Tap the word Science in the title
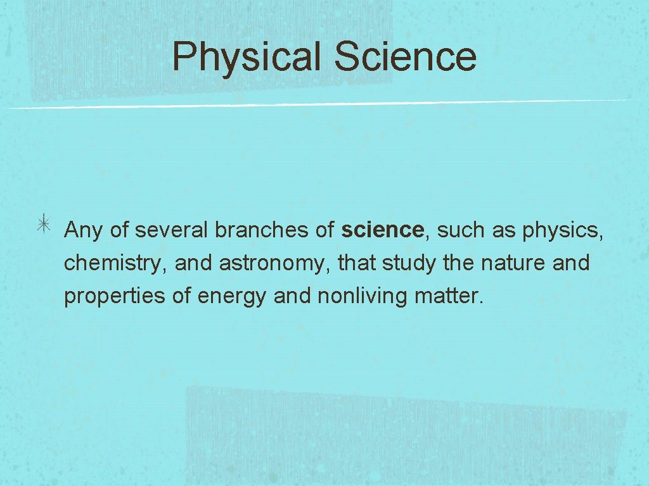405,57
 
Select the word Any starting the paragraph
84,231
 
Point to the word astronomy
275,263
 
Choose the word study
408,263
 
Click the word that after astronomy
357,262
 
